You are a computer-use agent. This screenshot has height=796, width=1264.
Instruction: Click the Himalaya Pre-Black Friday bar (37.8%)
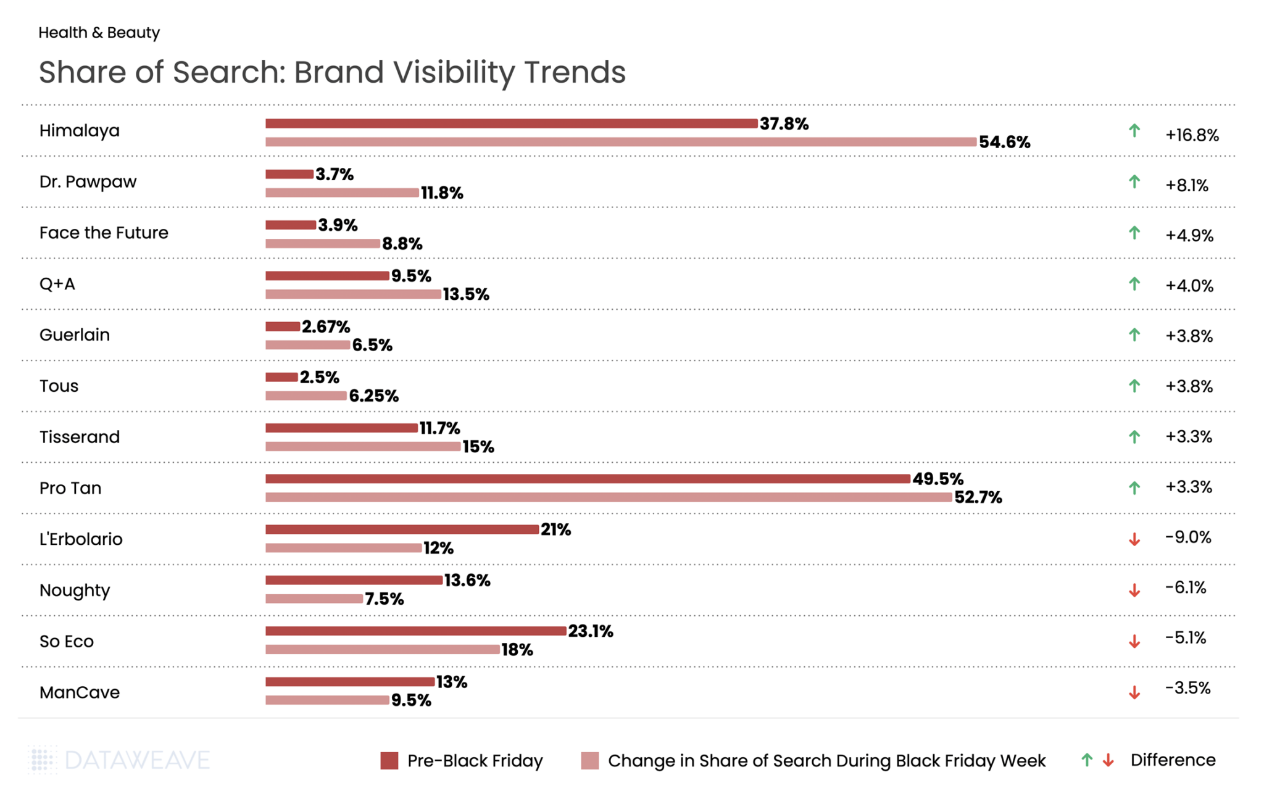[x=511, y=123]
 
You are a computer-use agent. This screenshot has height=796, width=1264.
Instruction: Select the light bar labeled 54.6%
[x=620, y=142]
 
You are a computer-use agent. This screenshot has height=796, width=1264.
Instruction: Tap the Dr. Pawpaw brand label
[x=88, y=182]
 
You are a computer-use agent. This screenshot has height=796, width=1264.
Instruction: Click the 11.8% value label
[x=442, y=193]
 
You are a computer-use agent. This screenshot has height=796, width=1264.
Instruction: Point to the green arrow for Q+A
[x=1134, y=284]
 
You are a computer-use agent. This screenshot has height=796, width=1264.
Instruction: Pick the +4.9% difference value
[x=1189, y=236]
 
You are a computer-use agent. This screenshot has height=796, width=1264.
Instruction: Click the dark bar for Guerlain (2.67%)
[x=283, y=326]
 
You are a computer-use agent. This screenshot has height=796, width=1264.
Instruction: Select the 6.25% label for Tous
[x=373, y=396]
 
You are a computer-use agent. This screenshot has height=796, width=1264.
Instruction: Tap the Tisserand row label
[x=80, y=437]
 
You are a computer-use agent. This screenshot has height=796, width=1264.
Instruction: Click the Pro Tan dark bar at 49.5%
[x=588, y=479]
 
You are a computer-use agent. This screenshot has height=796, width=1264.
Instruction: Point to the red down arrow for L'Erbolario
[x=1134, y=540]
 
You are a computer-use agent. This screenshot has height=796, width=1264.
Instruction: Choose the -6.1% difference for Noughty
[x=1185, y=587]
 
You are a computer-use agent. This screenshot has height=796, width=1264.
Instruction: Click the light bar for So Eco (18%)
[x=382, y=649]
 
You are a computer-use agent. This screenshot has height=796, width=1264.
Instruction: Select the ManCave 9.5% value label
[x=411, y=700]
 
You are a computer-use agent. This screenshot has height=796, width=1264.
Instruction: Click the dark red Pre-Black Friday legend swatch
[x=389, y=761]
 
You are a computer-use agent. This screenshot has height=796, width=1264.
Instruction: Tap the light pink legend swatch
[x=589, y=761]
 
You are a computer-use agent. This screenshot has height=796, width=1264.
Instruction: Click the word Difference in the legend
[x=1173, y=760]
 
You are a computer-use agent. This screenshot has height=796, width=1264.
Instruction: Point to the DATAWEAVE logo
[x=120, y=760]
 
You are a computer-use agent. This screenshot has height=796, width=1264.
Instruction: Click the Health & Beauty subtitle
[x=99, y=33]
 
